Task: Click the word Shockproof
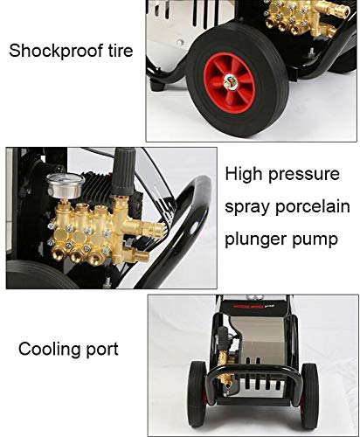(x=56, y=51)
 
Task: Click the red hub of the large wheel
(x=229, y=83)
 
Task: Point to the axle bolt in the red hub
(x=231, y=82)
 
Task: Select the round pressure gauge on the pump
(x=65, y=185)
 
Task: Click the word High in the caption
(x=244, y=175)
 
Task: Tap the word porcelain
(x=313, y=207)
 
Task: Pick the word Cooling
(x=49, y=350)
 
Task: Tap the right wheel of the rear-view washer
(x=309, y=392)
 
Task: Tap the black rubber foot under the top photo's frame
(x=157, y=87)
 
